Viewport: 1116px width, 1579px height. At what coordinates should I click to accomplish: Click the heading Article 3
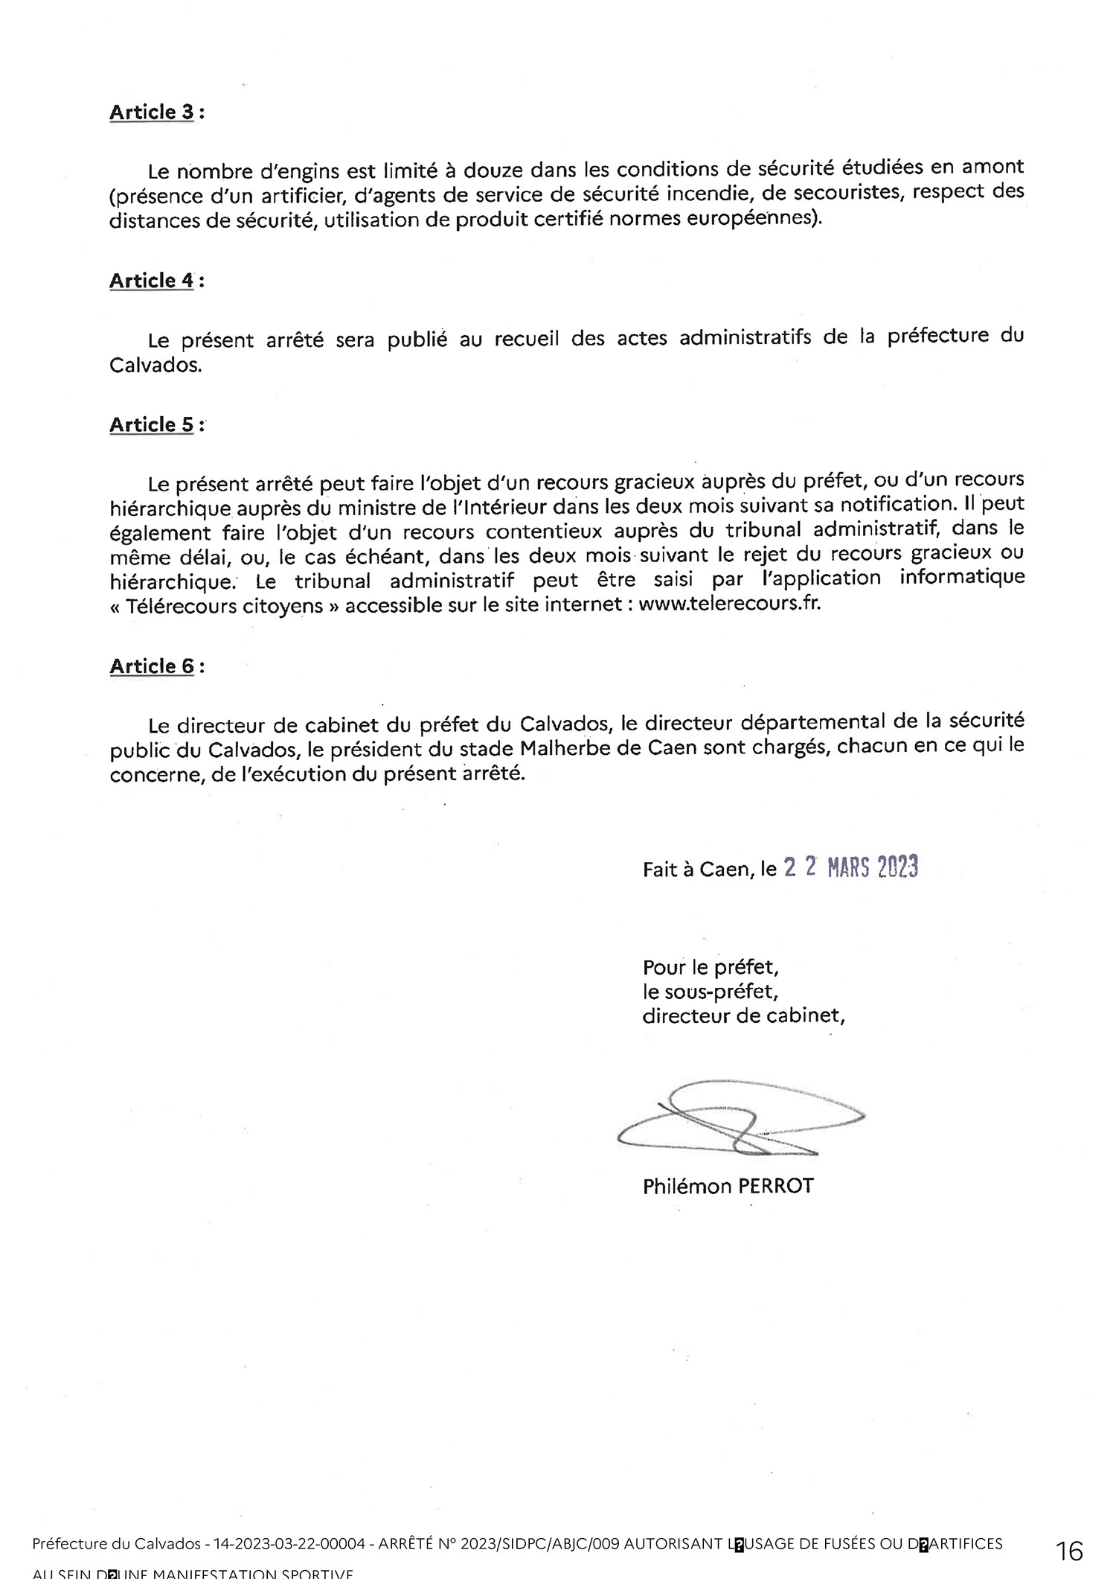tap(152, 112)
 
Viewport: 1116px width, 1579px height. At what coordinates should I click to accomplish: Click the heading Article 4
tap(152, 281)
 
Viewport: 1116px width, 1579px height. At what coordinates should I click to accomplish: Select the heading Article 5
tap(152, 424)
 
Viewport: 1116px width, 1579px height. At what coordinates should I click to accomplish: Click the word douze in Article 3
tap(493, 170)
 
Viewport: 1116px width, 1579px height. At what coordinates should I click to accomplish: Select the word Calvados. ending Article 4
tap(155, 366)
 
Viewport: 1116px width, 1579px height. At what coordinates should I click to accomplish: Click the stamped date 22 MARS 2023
tap(851, 867)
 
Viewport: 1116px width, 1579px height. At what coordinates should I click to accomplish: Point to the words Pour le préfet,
tap(711, 967)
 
